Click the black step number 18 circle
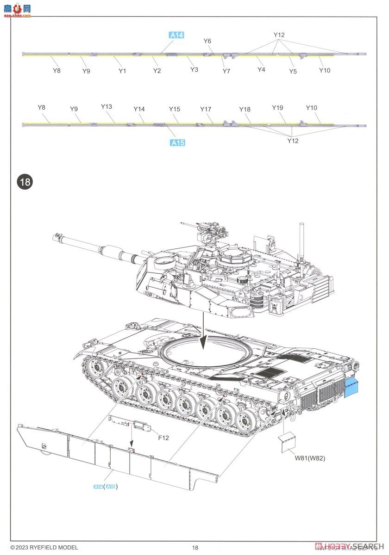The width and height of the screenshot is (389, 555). tap(25, 182)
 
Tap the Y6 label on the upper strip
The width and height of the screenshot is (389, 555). tap(207, 41)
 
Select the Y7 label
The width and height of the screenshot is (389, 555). tap(226, 71)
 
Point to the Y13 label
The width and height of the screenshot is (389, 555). tap(107, 107)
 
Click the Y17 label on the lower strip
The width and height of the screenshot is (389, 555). tap(206, 109)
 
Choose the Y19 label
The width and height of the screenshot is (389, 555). tap(277, 108)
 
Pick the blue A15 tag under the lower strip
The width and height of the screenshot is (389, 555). tap(177, 143)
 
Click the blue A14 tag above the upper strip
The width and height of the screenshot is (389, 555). tap(176, 35)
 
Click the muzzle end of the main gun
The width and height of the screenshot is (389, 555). tap(57, 238)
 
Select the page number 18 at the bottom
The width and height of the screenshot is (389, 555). tap(195, 548)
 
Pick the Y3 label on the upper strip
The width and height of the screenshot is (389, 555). tap(194, 69)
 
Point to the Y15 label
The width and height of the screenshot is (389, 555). tap(174, 109)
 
